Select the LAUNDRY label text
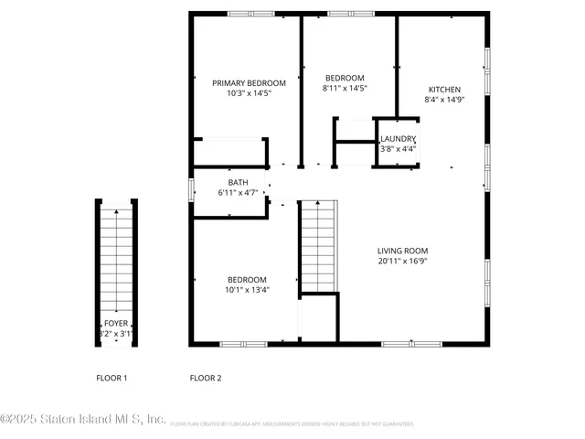398,138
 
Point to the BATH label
238,183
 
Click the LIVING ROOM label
402,251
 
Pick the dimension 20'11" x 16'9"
402,262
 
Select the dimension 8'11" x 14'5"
345,89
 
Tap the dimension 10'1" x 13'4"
247,290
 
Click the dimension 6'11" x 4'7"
238,193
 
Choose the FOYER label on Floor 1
116,323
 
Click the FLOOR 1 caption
112,378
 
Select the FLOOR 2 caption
205,378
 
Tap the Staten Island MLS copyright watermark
82,419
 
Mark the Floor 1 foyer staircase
116,261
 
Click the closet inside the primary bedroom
229,152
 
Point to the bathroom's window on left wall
191,189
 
